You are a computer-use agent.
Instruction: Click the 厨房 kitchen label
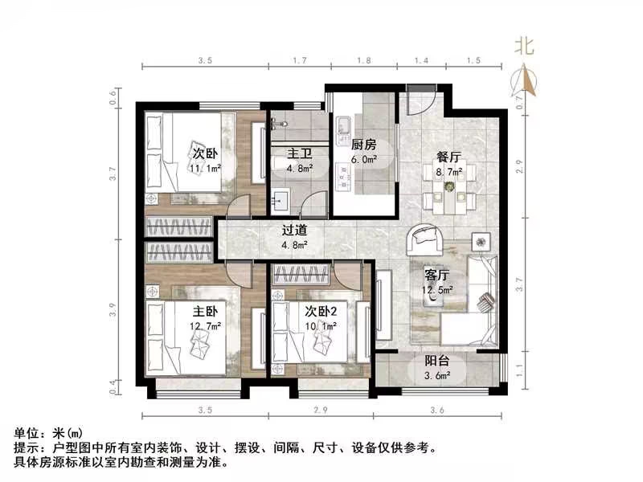click(364, 145)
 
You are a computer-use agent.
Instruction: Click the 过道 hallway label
click(293, 230)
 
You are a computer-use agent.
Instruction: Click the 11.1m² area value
click(206, 169)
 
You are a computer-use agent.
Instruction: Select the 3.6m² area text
click(437, 374)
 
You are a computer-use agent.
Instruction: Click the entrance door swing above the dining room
click(420, 100)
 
